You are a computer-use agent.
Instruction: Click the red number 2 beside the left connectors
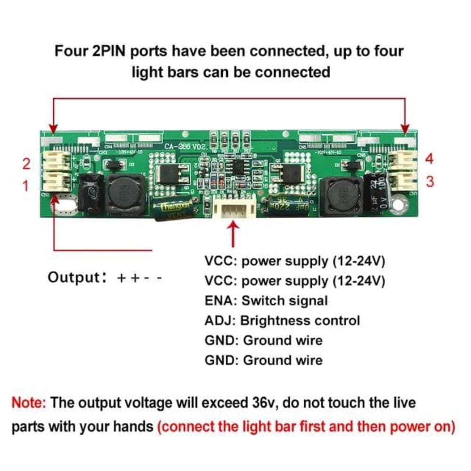[27, 164]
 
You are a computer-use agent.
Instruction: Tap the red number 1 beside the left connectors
[26, 187]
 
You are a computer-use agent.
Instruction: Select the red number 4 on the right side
[429, 159]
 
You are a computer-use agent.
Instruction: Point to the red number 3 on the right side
[430, 182]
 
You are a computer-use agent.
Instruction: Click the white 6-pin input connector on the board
[234, 208]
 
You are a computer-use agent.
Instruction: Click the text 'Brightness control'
[300, 321]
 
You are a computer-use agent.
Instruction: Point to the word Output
[72, 277]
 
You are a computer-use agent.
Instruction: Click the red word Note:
[29, 403]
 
